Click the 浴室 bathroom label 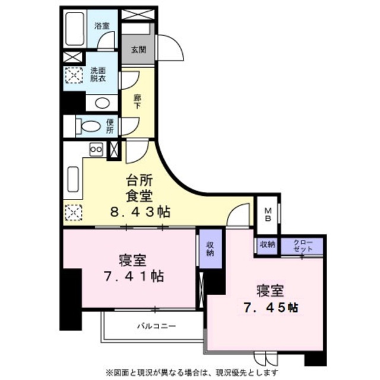click(x=102, y=26)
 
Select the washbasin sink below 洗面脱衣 click(x=102, y=102)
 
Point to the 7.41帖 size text click(x=132, y=276)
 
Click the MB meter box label click(x=268, y=214)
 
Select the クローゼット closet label click(x=302, y=245)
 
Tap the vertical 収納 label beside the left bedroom click(x=209, y=247)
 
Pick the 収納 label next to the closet click(x=267, y=244)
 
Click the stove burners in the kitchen click(x=96, y=150)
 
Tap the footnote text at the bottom click(x=193, y=372)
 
